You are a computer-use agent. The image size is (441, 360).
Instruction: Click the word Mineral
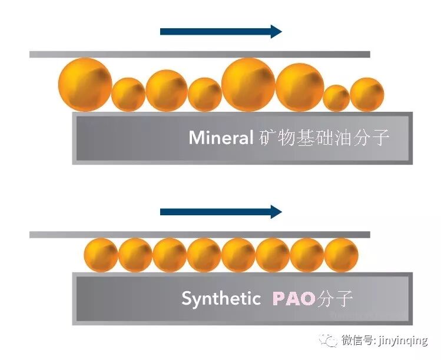click(x=221, y=138)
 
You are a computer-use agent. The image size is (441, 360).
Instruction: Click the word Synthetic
click(x=221, y=298)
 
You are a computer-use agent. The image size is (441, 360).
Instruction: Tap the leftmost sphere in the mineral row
click(x=85, y=84)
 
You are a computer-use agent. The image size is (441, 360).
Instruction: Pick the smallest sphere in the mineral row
click(x=336, y=98)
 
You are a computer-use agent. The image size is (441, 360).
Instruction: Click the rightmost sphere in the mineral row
click(x=367, y=94)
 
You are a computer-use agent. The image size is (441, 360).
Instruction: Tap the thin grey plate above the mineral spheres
click(x=200, y=54)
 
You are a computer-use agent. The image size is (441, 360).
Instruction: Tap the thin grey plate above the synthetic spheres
click(x=200, y=235)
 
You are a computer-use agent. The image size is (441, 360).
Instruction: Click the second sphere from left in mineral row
click(x=128, y=94)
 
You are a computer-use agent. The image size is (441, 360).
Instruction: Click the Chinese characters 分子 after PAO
click(x=335, y=298)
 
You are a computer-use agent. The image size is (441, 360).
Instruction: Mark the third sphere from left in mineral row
click(x=167, y=90)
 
